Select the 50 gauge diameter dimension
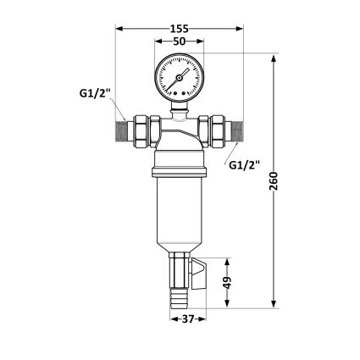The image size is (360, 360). point(179,41)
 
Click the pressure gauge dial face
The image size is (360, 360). point(179,78)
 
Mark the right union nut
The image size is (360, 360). point(216,129)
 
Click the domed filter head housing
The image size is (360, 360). point(179,140)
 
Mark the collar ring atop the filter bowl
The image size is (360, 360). point(179,172)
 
